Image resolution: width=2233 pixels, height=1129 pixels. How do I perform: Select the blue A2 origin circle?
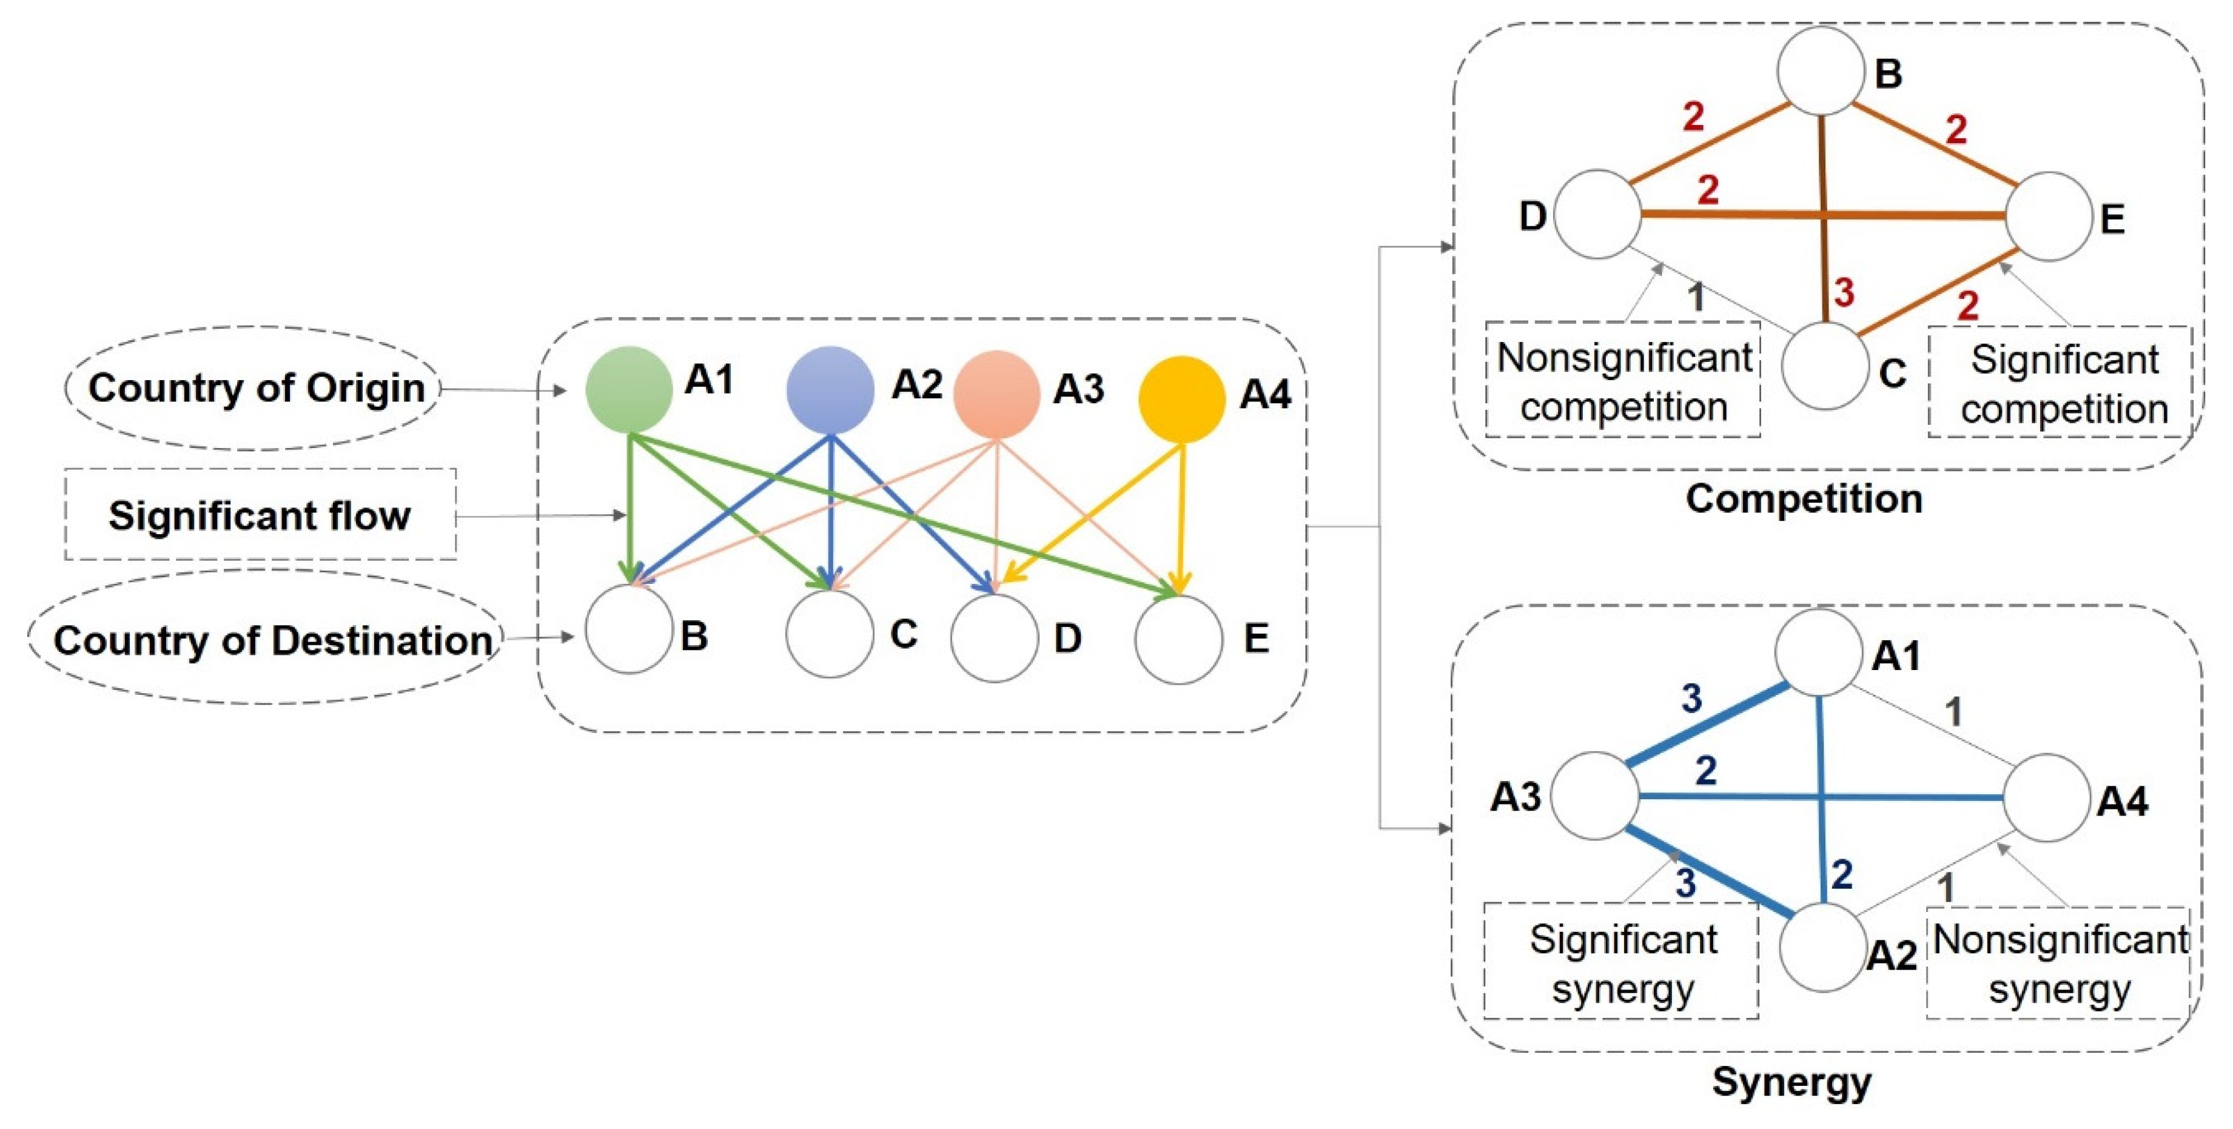(x=830, y=390)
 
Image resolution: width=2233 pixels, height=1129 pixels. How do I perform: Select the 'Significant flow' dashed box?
(x=260, y=515)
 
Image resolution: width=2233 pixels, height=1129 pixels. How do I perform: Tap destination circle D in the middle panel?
(x=994, y=638)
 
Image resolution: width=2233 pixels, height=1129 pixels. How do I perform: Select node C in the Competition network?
(x=1825, y=366)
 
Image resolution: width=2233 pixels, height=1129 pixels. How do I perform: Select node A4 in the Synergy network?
(x=2047, y=797)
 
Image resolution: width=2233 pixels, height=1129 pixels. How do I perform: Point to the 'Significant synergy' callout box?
(x=1621, y=962)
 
